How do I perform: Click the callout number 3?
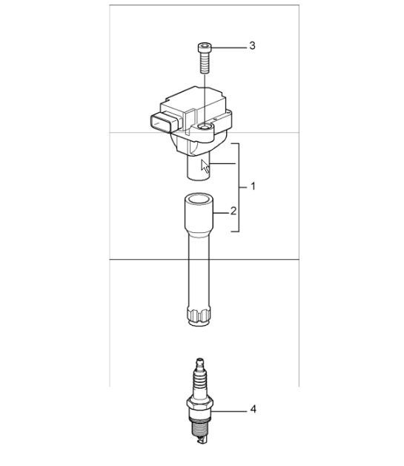tap(252, 46)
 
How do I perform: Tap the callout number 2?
tap(234, 211)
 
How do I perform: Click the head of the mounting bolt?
tap(204, 48)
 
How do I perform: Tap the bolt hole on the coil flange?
tap(204, 131)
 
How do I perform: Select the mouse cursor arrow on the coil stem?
tap(205, 165)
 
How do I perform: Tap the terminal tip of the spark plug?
tap(201, 362)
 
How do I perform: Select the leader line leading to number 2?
tap(220, 212)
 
